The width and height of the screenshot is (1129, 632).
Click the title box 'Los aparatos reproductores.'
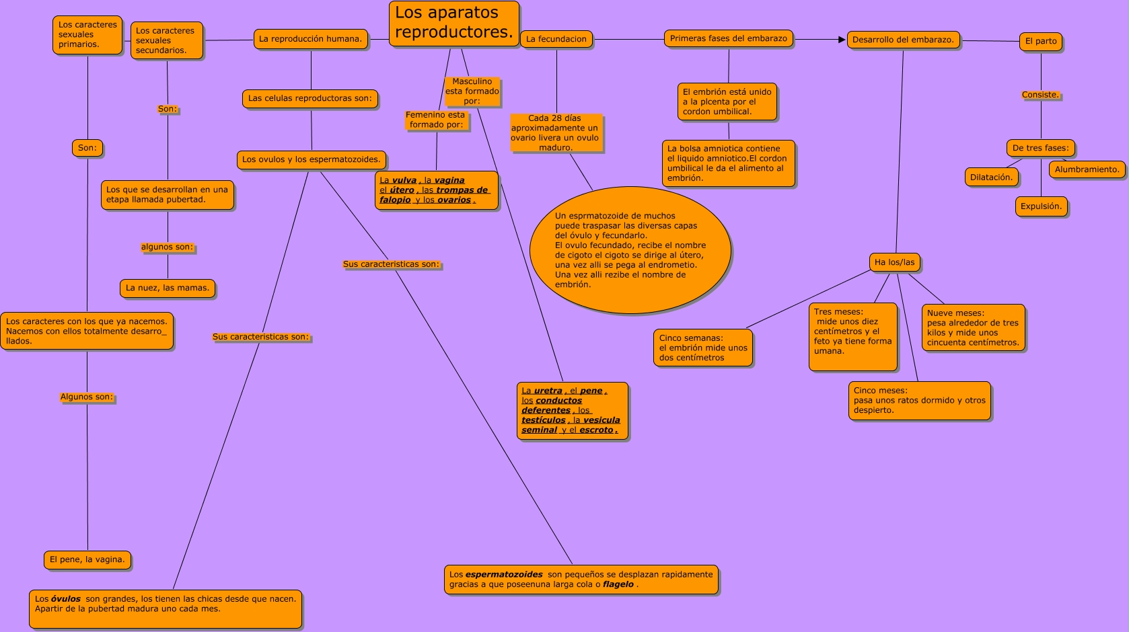(454, 23)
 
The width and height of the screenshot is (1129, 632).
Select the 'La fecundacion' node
(556, 40)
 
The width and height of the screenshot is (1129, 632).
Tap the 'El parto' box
(1041, 42)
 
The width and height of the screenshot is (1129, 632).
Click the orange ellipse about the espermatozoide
(630, 250)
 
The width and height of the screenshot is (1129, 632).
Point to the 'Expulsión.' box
(1041, 206)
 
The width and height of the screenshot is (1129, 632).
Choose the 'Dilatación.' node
(991, 177)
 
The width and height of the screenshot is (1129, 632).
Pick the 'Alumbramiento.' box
(1087, 169)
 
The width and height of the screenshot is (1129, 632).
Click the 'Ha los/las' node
(895, 262)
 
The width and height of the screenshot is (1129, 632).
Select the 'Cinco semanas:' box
(703, 348)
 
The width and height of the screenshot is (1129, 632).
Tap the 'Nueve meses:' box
(973, 327)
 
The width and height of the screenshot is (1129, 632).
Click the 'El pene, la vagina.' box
(87, 559)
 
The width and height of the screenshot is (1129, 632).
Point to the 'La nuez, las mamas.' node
(168, 288)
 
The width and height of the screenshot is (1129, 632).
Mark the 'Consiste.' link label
(1040, 95)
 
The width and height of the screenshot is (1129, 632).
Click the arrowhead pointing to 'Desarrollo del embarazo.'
(842, 40)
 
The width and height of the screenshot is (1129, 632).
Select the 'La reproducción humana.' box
(311, 39)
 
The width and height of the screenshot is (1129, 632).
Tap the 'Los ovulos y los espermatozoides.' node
(312, 160)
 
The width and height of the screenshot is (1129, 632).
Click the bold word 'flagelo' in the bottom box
(618, 584)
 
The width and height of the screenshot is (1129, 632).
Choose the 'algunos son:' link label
(167, 247)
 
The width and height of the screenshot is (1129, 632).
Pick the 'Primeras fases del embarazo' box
(729, 39)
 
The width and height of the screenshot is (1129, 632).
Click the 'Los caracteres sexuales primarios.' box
(87, 35)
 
